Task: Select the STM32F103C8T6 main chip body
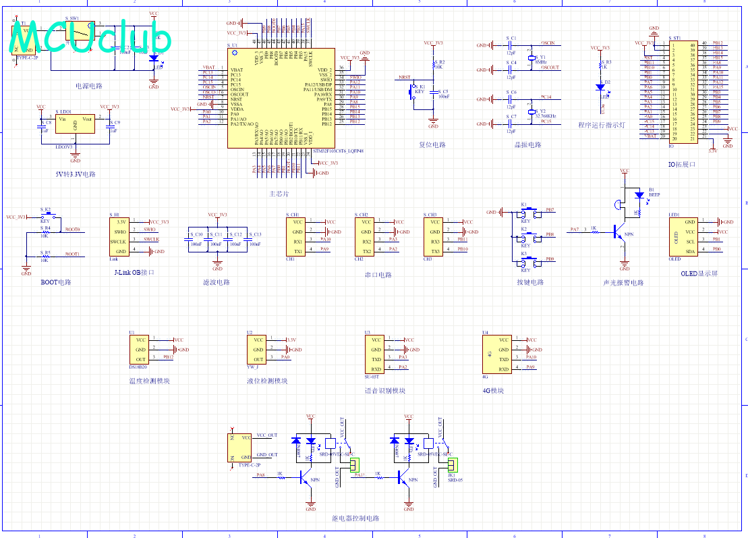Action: coord(281,97)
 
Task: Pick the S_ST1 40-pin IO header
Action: coord(685,90)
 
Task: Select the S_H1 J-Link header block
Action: coord(121,236)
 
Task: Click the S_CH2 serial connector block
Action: coord(366,236)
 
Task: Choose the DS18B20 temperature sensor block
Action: coord(140,350)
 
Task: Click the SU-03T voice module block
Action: coord(375,354)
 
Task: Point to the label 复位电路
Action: coord(432,144)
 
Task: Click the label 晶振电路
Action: coord(527,144)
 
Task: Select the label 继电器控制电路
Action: coord(355,518)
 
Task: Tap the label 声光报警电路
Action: coord(623,283)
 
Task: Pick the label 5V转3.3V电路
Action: coord(75,174)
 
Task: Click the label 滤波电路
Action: coord(216,282)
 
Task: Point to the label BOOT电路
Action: coord(55,282)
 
